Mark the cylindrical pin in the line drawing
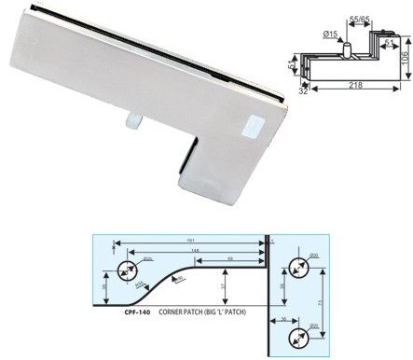(347, 45)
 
